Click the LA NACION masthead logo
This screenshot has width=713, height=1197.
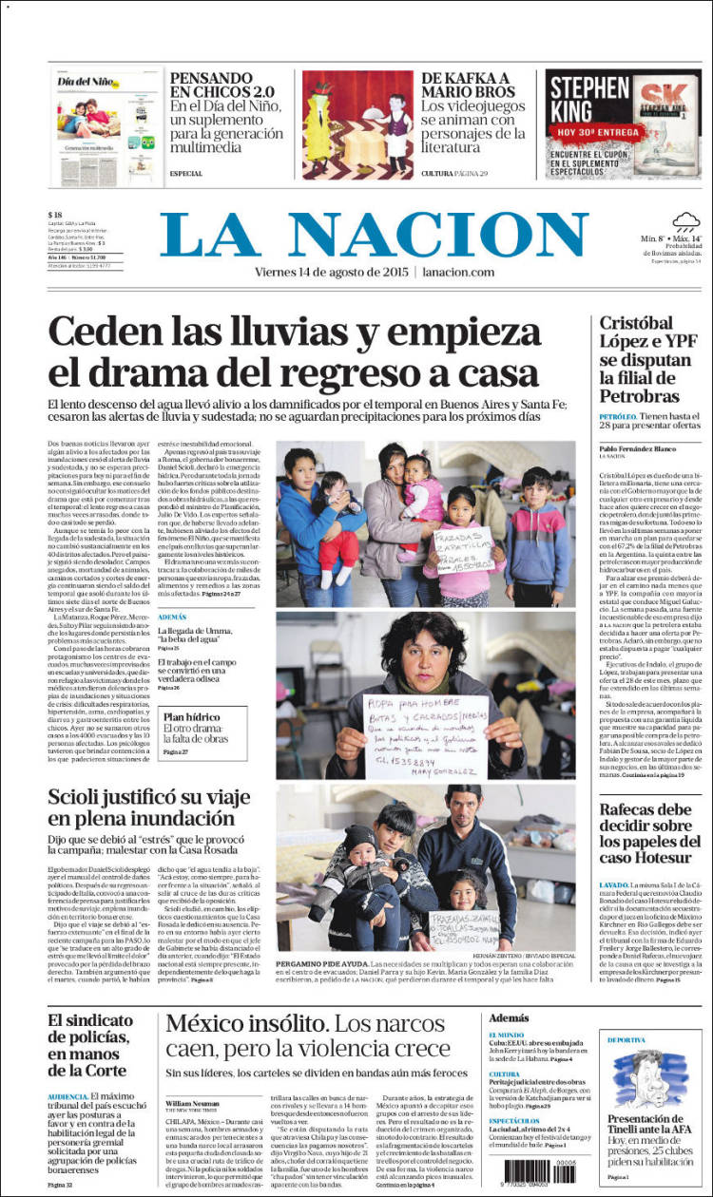pyautogui.click(x=374, y=235)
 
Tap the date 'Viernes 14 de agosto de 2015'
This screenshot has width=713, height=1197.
pyautogui.click(x=332, y=273)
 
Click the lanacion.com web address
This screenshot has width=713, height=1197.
pyautogui.click(x=458, y=273)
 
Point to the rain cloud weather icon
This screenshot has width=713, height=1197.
pyautogui.click(x=686, y=222)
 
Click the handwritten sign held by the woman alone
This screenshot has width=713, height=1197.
pyautogui.click(x=426, y=734)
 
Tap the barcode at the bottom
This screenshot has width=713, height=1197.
pyautogui.click(x=538, y=1170)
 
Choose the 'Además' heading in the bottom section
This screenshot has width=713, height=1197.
pyautogui.click(x=510, y=1017)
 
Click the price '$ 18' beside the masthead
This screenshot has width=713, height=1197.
pyautogui.click(x=57, y=215)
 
